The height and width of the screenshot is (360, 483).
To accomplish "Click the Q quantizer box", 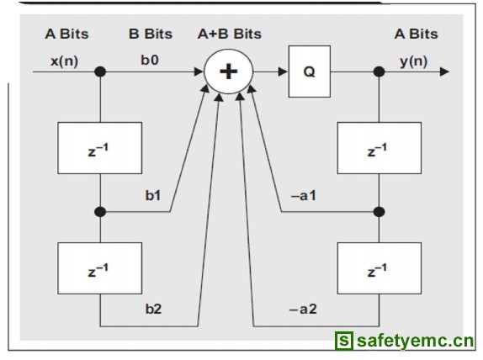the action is pyautogui.click(x=310, y=71).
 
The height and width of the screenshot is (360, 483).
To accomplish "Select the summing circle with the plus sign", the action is pyautogui.click(x=229, y=71).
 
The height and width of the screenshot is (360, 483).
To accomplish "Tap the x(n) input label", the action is pyautogui.click(x=65, y=61).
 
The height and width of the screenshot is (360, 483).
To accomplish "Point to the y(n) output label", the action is pyautogui.click(x=414, y=61).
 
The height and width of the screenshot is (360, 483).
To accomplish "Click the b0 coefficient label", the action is pyautogui.click(x=150, y=60).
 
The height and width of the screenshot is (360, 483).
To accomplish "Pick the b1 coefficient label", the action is pyautogui.click(x=153, y=195).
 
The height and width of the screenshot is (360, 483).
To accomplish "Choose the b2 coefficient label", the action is pyautogui.click(x=153, y=309).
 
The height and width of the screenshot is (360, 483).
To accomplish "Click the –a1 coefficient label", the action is pyautogui.click(x=304, y=195).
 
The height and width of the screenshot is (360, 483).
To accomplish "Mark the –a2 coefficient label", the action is pyautogui.click(x=303, y=309).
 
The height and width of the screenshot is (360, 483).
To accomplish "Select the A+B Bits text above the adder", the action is pyautogui.click(x=230, y=34).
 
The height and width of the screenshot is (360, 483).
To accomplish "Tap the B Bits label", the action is pyautogui.click(x=151, y=34).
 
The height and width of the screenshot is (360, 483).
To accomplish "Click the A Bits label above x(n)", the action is pyautogui.click(x=66, y=34).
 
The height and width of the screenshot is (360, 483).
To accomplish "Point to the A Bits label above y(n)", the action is pyautogui.click(x=417, y=34).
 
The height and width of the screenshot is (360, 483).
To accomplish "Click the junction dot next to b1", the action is pyautogui.click(x=100, y=212).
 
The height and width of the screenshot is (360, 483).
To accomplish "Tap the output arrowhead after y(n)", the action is pyautogui.click(x=444, y=71).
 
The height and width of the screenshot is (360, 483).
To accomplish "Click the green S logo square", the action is pyautogui.click(x=344, y=341).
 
